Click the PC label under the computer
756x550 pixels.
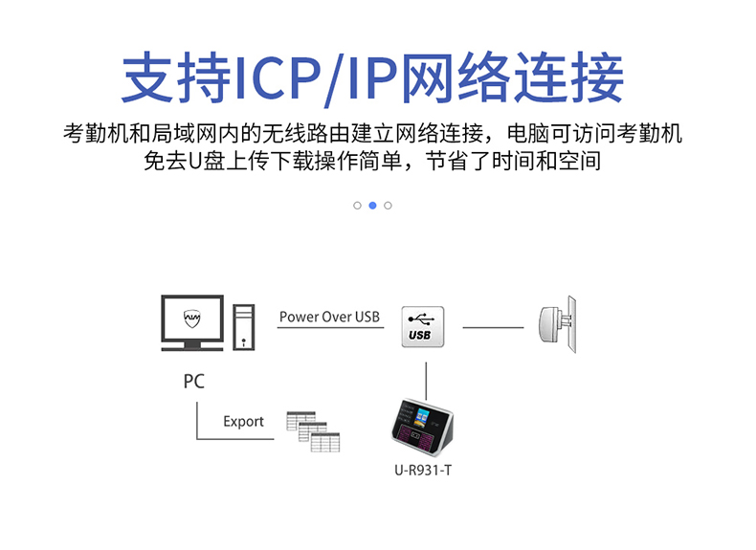pos(193,381)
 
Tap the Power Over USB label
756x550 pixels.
pos(329,317)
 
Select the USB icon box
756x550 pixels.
pos(420,326)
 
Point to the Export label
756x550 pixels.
pos(243,422)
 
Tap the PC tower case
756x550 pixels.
pos(244,326)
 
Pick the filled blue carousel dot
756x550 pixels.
pos(372,205)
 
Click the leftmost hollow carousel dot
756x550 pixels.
pos(357,205)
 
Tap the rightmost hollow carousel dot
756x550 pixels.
pos(388,205)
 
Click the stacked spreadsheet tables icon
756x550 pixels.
pos(313,430)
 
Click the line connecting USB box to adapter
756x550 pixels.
pos(493,327)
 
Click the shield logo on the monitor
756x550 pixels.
pos(191,317)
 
